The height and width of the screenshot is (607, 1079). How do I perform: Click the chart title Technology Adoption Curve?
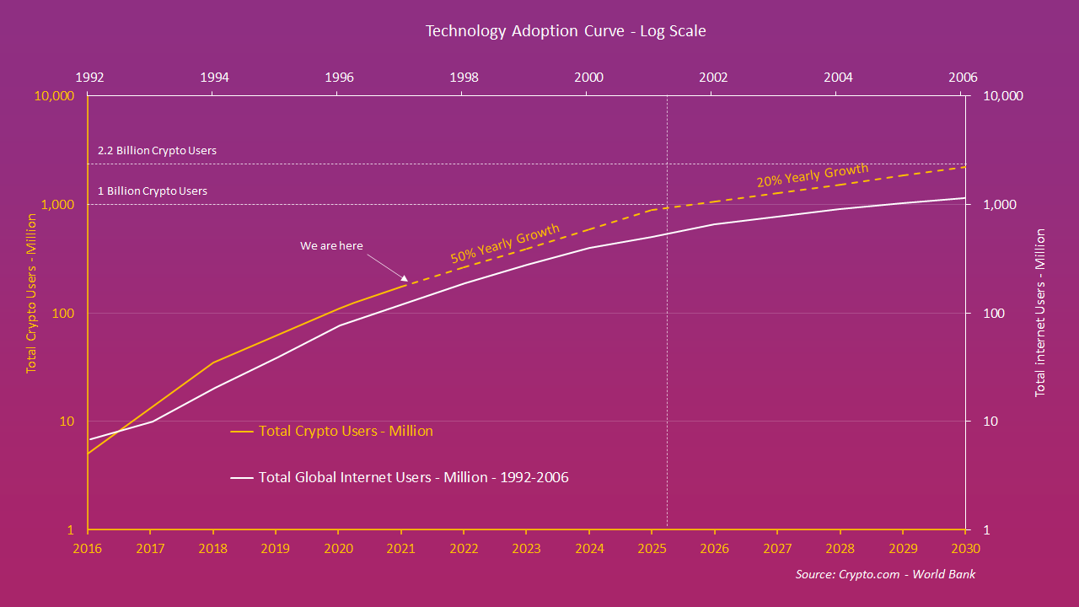(566, 31)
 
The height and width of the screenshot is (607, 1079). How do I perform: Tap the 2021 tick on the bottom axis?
(400, 547)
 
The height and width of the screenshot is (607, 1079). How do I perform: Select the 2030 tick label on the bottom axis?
(965, 547)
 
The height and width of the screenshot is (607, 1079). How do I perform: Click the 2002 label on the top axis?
(713, 77)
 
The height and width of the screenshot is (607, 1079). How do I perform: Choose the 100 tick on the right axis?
(994, 314)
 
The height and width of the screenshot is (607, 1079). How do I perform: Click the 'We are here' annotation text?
(331, 246)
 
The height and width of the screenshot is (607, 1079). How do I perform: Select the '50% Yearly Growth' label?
(505, 244)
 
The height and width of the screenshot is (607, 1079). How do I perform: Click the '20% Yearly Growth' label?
(812, 175)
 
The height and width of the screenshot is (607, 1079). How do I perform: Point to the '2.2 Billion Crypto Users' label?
(157, 151)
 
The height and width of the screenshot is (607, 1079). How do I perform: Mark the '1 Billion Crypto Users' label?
(153, 191)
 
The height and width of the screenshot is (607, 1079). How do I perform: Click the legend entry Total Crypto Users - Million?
(346, 431)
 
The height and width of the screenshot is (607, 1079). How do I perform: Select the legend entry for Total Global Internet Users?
(413, 477)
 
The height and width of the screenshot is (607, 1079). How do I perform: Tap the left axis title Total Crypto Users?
(31, 293)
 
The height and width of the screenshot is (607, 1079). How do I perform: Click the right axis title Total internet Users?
(1040, 312)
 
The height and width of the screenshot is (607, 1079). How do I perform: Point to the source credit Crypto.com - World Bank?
(885, 574)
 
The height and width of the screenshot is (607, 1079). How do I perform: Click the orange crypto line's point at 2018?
(213, 363)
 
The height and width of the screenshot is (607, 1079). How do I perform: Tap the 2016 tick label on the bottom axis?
(88, 547)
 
